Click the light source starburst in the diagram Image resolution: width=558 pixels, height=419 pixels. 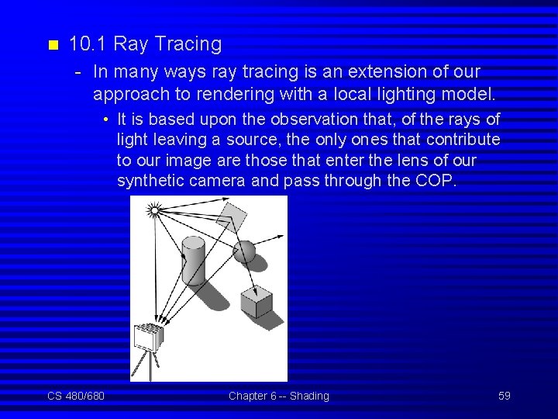[154, 209]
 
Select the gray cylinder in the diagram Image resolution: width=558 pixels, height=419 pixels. [193, 261]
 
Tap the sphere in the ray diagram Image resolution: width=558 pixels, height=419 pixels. [244, 251]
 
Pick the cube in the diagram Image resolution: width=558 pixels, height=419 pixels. [256, 302]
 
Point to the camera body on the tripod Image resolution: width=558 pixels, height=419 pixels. [148, 338]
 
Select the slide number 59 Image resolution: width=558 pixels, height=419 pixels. [505, 396]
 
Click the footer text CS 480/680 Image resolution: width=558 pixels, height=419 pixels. [76, 396]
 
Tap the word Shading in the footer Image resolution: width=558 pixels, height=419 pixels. [309, 396]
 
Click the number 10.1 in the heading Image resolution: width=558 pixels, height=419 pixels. [84, 44]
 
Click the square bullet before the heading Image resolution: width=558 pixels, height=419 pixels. [52, 45]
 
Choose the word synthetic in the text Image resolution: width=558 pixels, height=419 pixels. [148, 181]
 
